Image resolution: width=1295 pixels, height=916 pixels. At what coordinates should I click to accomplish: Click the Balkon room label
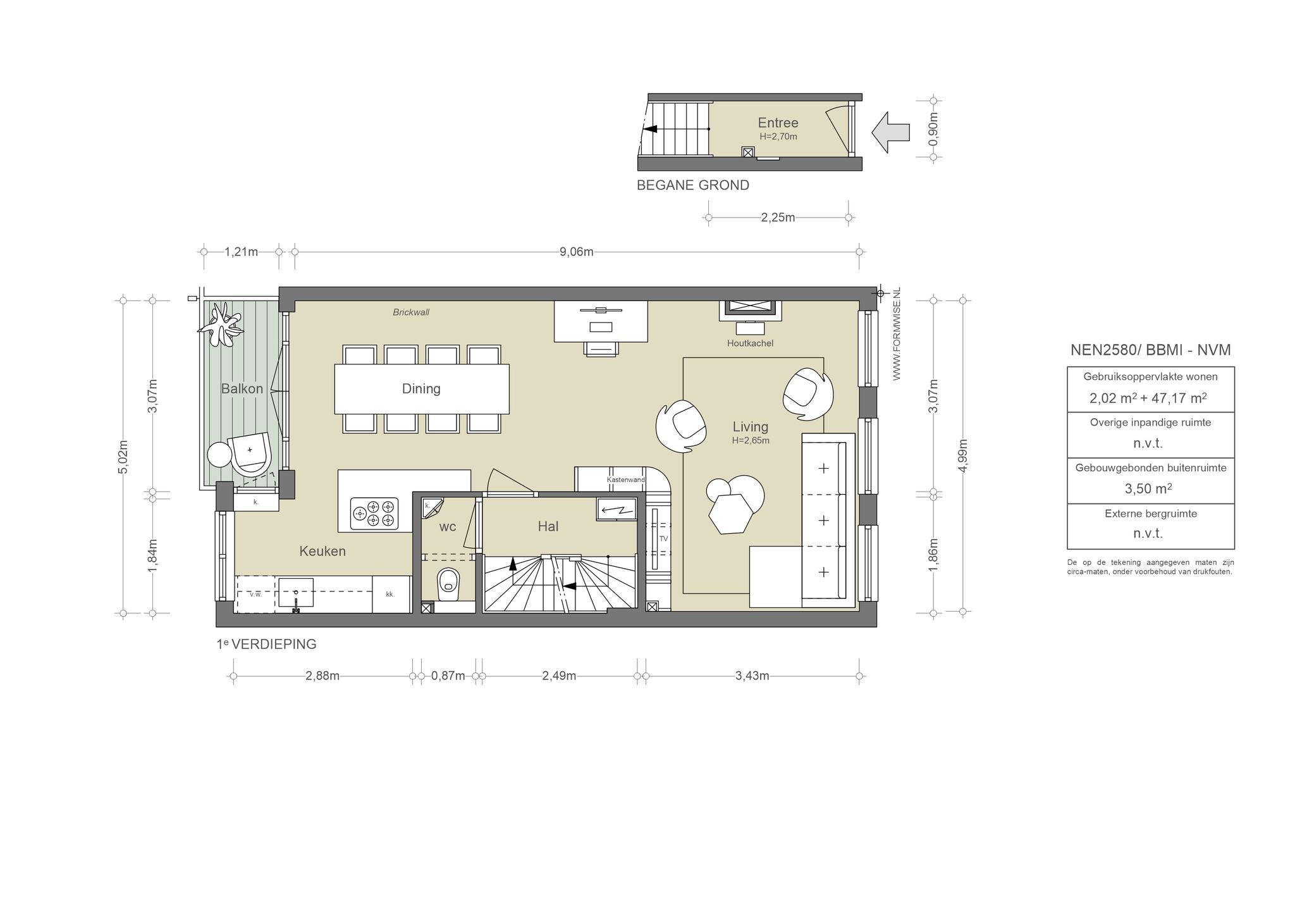pos(242,388)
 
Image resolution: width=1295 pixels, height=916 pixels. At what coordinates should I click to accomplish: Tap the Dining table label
pos(421,388)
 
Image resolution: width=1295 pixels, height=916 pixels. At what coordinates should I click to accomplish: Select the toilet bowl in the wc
pos(448,583)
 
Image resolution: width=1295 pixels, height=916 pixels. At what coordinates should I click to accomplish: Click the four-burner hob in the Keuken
pos(374,513)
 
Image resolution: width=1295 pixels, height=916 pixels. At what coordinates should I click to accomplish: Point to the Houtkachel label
pos(750,343)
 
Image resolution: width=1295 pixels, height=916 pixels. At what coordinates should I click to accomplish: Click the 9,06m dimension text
pos(577,252)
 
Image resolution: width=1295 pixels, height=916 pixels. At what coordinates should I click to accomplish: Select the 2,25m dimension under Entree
pos(778,218)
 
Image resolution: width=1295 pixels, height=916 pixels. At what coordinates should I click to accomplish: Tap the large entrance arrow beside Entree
pos(890,132)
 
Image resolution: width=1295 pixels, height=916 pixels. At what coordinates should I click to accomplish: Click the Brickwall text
pos(411,313)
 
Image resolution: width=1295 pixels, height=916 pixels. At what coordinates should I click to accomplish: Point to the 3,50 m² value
pos(1148,488)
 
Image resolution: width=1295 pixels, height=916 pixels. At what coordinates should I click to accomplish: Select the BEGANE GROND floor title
pos(692,185)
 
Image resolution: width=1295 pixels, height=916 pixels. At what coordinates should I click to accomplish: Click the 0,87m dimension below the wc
pos(448,676)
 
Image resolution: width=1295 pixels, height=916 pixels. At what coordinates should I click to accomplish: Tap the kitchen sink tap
pos(295,605)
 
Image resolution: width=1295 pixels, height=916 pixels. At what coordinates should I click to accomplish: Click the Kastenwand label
pos(625,480)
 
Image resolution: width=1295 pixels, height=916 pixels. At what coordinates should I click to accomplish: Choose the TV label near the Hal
pos(663,539)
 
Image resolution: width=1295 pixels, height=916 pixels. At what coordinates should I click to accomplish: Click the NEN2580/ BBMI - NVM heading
pos(1150,350)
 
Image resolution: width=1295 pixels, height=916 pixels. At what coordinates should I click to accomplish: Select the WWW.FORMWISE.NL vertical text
pos(896,333)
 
